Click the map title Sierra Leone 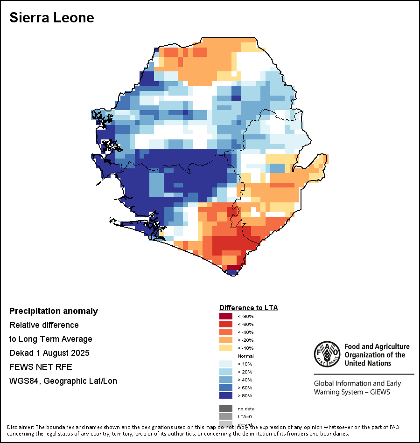point(52,18)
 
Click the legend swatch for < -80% point(225,316)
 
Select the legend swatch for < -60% point(225,324)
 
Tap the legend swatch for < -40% point(225,332)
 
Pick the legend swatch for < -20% point(225,340)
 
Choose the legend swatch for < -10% point(225,348)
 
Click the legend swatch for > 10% point(225,364)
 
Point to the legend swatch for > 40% point(225,380)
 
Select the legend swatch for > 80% point(225,395)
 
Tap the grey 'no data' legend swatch point(225,408)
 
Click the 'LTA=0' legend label point(245,416)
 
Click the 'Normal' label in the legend point(246,356)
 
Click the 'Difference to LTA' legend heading point(248,308)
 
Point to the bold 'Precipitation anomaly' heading point(54,311)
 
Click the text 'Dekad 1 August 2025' point(49,353)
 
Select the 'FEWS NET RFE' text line point(41,367)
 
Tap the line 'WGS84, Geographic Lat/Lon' point(63,381)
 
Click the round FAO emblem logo point(327,354)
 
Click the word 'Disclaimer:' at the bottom point(20,427)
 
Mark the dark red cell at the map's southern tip point(234,268)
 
